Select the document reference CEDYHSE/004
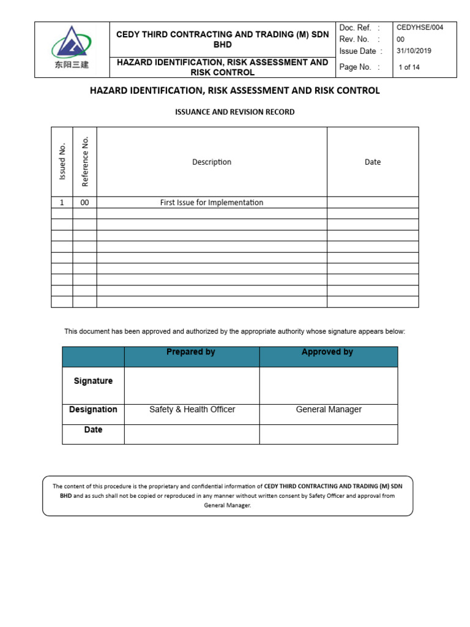pyautogui.click(x=419, y=28)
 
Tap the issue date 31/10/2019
pyautogui.click(x=414, y=51)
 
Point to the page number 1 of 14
pyautogui.click(x=409, y=67)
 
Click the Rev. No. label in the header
pyautogui.click(x=354, y=39)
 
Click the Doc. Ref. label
pyautogui.click(x=356, y=28)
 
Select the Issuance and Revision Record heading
pyautogui.click(x=235, y=112)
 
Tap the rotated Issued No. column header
pyautogui.click(x=62, y=162)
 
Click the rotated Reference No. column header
pyautogui.click(x=85, y=162)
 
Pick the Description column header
pyautogui.click(x=212, y=162)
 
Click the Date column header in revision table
pyautogui.click(x=373, y=162)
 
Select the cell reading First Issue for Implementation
pyautogui.click(x=212, y=203)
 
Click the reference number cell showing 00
pyautogui.click(x=85, y=203)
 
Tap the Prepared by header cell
pyautogui.click(x=191, y=353)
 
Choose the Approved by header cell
pyautogui.click(x=327, y=353)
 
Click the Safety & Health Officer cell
pyautogui.click(x=192, y=410)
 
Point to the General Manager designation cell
pyautogui.click(x=329, y=410)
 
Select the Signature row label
pyautogui.click(x=93, y=381)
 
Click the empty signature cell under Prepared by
pyautogui.click(x=192, y=386)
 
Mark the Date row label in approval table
pyautogui.click(x=93, y=430)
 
